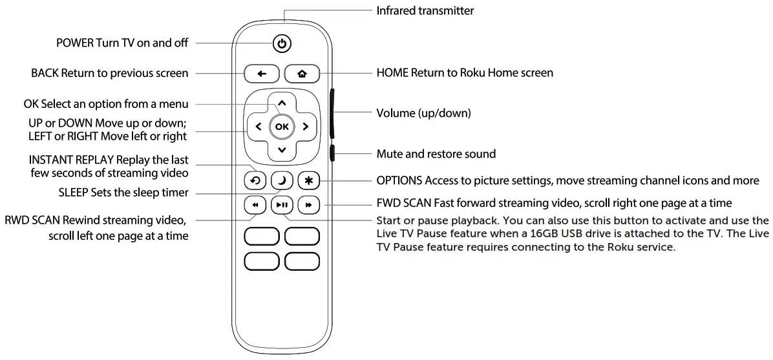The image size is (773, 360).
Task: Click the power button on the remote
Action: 282,44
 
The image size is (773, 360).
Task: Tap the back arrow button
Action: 262,74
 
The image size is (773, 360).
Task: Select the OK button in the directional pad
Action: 282,127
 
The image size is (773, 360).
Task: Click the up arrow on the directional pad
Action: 282,103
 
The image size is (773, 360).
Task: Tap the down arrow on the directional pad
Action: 282,150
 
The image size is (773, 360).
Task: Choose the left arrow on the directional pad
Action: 259,127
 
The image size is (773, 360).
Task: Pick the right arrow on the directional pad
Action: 305,127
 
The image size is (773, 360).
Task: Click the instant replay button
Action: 255,181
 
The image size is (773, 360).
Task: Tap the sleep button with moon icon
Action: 282,181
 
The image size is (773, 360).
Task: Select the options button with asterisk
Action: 309,181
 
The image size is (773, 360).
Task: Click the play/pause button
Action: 282,206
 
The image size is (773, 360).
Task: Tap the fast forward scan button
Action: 309,206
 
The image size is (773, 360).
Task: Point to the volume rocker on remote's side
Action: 332,114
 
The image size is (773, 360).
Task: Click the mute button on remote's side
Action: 332,154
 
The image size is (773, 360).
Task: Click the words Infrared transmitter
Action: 425,10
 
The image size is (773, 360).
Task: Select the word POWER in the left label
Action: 75,43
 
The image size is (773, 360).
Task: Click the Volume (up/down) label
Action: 423,113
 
